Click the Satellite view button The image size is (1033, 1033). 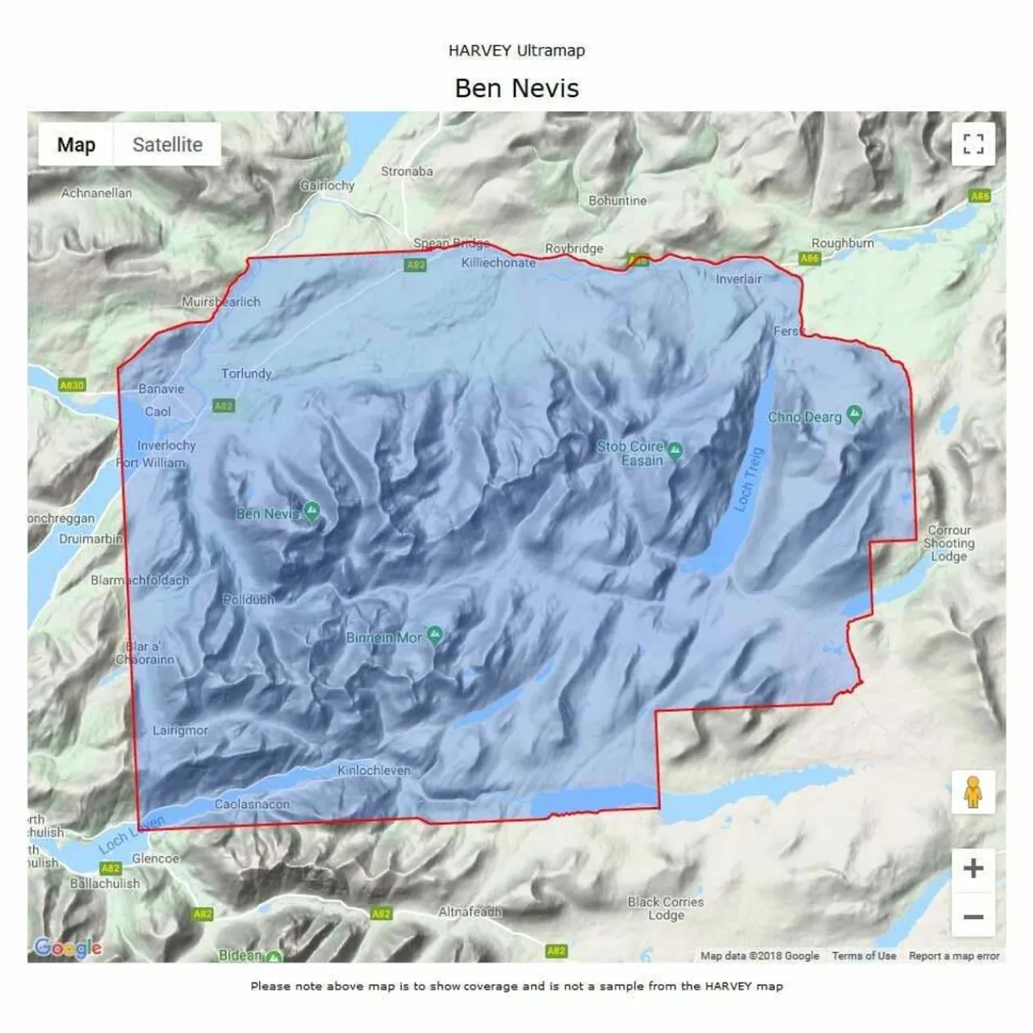167,144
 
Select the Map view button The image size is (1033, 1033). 76,144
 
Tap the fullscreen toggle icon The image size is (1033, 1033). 973,144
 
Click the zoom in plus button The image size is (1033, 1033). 973,868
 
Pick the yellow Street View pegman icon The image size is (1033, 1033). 973,792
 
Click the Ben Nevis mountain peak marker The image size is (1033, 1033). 312,512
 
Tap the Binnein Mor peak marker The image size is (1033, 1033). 435,636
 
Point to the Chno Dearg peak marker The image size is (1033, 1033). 855,416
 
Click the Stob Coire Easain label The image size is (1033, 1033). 632,454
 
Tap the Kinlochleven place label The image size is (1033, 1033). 374,771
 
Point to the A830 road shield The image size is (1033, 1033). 72,386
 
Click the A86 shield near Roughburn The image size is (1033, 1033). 809,258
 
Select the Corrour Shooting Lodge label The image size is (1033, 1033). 949,543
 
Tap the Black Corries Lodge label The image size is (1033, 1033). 666,908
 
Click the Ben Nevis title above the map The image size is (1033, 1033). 516,88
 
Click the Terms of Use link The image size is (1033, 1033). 864,956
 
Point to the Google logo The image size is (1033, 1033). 68,947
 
